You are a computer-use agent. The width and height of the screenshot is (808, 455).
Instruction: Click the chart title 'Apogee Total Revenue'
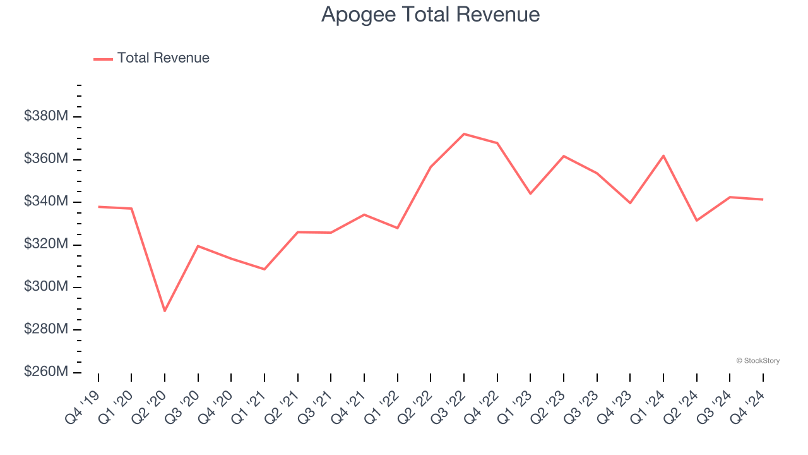[x=430, y=14]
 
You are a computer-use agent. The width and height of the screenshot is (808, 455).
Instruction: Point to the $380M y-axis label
[x=46, y=116]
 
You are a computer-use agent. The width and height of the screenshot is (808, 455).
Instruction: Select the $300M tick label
[x=46, y=287]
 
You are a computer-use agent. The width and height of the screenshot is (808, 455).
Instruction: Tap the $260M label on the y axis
[x=46, y=372]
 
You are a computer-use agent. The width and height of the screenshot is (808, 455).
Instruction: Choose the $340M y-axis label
[x=46, y=202]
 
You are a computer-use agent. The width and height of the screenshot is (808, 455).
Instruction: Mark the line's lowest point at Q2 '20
[x=165, y=311]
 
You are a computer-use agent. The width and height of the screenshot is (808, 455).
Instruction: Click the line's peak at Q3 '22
[x=464, y=134]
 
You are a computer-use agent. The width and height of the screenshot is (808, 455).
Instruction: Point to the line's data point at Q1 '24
[x=663, y=155]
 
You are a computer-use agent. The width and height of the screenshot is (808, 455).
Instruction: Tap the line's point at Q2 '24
[x=697, y=221]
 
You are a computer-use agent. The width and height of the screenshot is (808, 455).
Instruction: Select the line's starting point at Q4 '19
[x=98, y=207]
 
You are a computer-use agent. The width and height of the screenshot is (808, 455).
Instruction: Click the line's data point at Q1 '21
[x=264, y=269]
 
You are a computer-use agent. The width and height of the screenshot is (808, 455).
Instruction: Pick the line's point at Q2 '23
[x=564, y=156]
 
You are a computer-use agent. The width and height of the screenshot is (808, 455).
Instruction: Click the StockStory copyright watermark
[x=757, y=361]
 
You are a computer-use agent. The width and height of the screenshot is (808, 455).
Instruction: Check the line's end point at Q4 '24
[x=763, y=200]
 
